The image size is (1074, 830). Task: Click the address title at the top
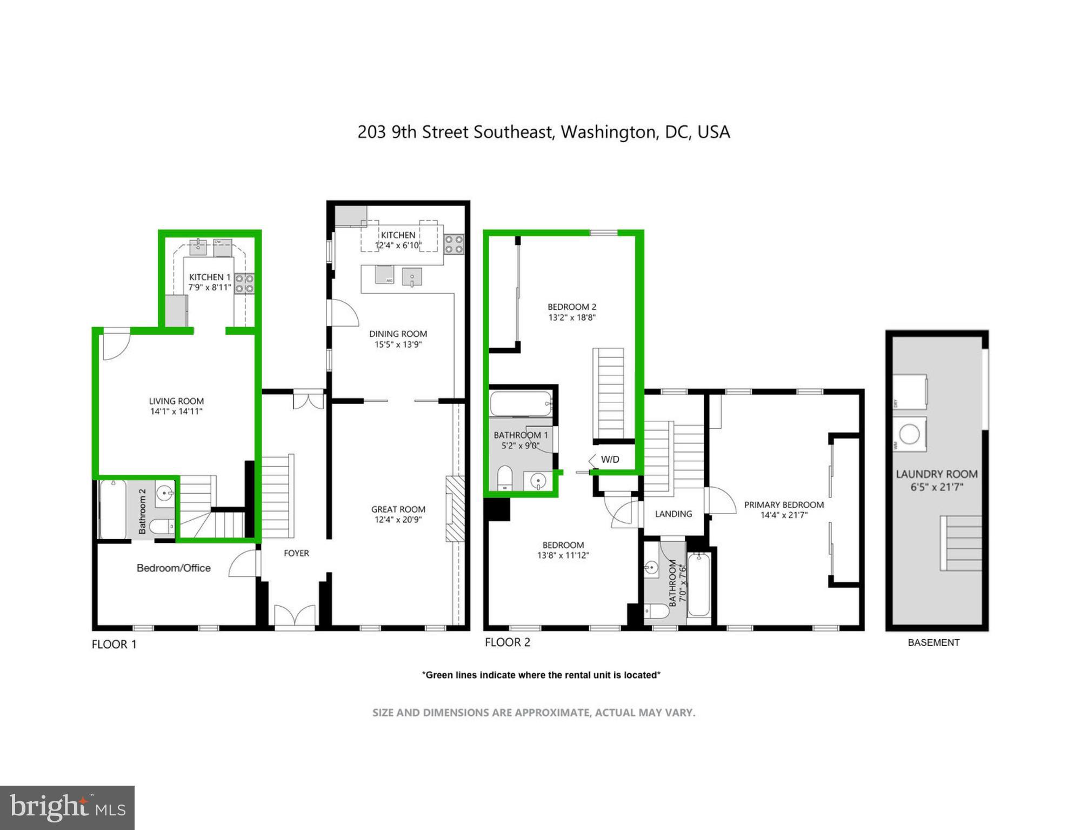pyautogui.click(x=543, y=132)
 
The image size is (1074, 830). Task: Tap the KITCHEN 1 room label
pyautogui.click(x=210, y=277)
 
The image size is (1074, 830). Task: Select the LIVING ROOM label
pyautogui.click(x=176, y=401)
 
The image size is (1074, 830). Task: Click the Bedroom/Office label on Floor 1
pyautogui.click(x=174, y=568)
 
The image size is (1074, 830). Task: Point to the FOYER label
pyautogui.click(x=296, y=553)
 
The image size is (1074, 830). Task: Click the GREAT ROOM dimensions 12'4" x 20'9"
pyautogui.click(x=398, y=520)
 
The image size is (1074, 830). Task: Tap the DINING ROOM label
pyautogui.click(x=398, y=334)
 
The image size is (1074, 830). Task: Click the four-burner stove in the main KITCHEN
pyautogui.click(x=454, y=244)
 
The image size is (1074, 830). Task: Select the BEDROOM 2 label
pyautogui.click(x=572, y=307)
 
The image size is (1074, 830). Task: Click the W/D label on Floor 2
pyautogui.click(x=610, y=460)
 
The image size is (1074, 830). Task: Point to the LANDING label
pyautogui.click(x=673, y=514)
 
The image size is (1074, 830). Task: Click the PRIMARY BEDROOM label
pyautogui.click(x=784, y=504)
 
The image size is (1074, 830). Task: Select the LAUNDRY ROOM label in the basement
pyautogui.click(x=937, y=474)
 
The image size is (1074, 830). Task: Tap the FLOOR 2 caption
pyautogui.click(x=507, y=642)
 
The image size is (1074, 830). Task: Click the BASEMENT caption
pyautogui.click(x=933, y=642)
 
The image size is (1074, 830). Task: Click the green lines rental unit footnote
pyautogui.click(x=541, y=675)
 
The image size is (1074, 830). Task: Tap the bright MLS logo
pyautogui.click(x=67, y=807)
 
